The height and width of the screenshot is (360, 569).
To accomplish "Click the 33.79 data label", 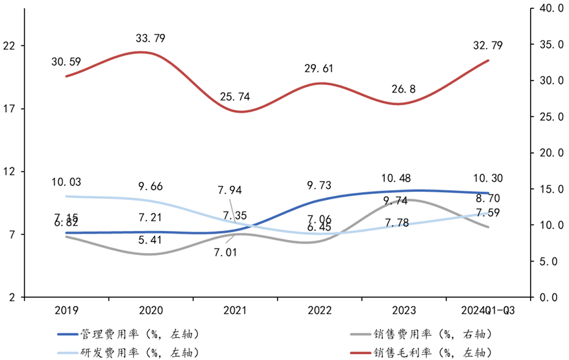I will point(151,39).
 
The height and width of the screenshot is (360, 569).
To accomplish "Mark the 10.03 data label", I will point(66,182).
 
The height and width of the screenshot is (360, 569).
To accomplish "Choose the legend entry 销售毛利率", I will point(429,352).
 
